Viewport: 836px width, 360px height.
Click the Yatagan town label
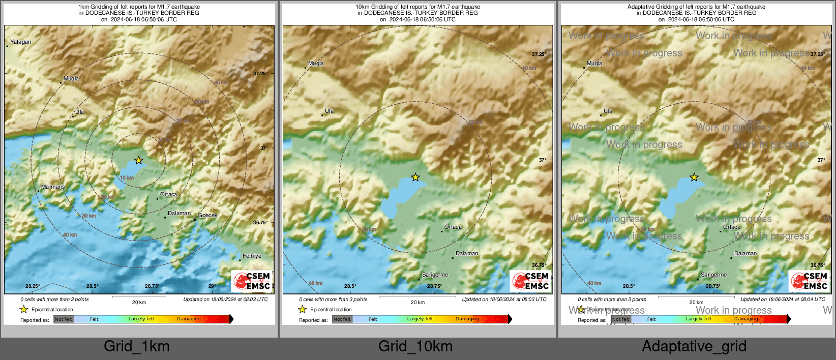[21, 42]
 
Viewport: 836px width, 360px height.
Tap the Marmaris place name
[53, 187]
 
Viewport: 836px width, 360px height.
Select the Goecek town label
[207, 216]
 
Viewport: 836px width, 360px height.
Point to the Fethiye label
[252, 256]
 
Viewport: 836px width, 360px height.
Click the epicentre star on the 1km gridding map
[139, 160]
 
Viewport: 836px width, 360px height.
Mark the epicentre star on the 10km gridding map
[415, 177]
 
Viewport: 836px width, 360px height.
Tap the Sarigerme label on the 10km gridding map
[435, 275]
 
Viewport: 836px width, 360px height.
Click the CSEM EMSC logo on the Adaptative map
[809, 281]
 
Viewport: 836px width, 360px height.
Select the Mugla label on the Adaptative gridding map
[594, 64]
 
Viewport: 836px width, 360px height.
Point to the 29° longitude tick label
[212, 286]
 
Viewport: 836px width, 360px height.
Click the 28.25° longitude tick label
[33, 286]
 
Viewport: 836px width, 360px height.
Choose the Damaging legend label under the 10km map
[467, 319]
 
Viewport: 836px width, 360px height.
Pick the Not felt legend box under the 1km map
[64, 319]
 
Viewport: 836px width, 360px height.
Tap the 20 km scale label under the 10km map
[417, 303]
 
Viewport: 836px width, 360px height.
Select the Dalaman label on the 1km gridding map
[179, 214]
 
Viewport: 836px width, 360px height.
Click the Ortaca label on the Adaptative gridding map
[732, 227]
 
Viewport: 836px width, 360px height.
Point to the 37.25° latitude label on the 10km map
[539, 54]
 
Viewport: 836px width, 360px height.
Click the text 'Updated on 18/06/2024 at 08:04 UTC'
[783, 299]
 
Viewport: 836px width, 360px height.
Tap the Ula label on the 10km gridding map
[330, 111]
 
